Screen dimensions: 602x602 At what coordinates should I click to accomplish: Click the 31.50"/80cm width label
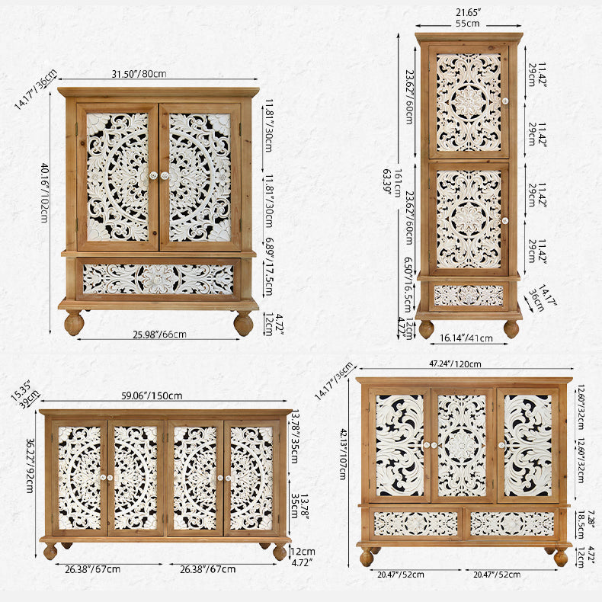[x=139, y=73]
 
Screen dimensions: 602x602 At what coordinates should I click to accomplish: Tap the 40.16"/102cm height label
[x=45, y=193]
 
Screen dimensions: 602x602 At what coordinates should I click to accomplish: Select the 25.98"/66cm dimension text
[x=160, y=335]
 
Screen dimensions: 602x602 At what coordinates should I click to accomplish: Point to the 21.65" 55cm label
[x=468, y=18]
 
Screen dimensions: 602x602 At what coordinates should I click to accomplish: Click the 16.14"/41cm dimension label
[x=466, y=338]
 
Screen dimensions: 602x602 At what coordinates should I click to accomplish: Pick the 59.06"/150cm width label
[x=152, y=395]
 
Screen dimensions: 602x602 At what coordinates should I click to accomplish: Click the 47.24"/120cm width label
[x=455, y=363]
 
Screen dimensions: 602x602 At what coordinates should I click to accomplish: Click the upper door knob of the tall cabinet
[x=505, y=101]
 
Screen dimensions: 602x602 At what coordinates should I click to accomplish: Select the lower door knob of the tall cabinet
[x=505, y=221]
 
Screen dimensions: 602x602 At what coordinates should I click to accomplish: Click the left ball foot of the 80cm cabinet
[x=74, y=322]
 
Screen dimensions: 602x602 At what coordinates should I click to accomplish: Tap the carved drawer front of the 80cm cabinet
[x=159, y=279]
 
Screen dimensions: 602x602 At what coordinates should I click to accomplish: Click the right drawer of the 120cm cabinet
[x=512, y=524]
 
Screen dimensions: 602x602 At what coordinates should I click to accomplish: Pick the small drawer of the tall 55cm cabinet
[x=469, y=296]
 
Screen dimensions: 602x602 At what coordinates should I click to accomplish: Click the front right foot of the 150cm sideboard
[x=280, y=552]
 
